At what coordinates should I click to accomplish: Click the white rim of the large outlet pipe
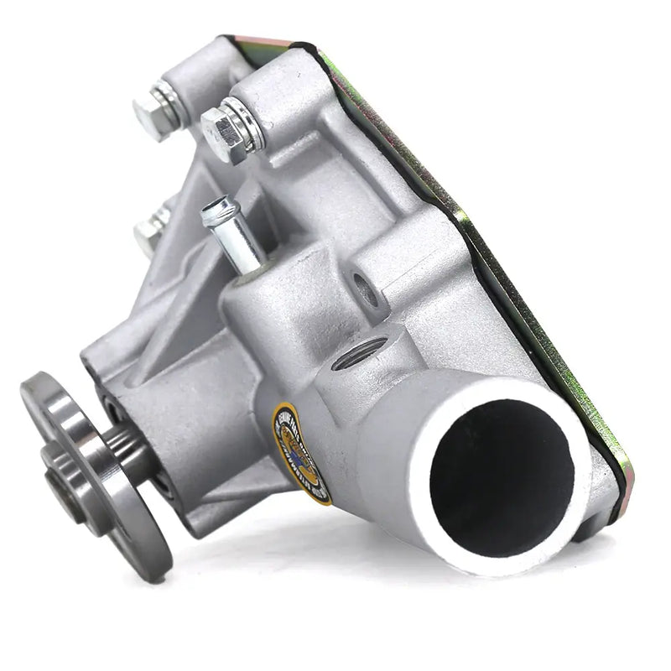click(x=436, y=537)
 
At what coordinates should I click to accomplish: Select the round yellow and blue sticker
click(x=300, y=454)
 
